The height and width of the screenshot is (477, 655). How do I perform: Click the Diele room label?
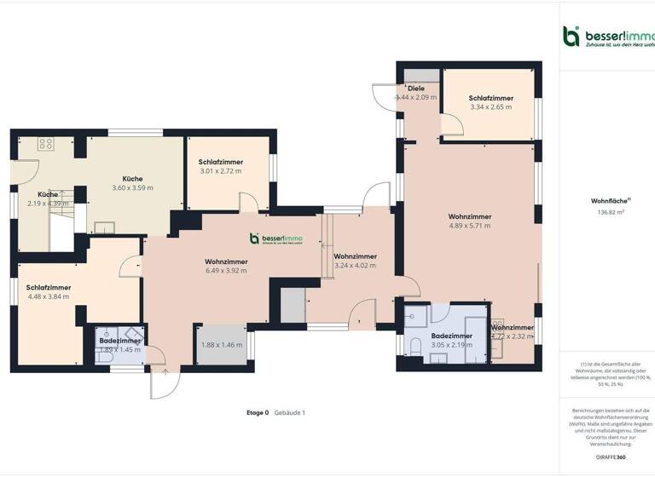pos(416,88)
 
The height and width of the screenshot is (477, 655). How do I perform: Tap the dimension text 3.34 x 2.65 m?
pos(490,107)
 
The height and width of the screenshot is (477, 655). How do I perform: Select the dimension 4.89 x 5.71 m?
pos(470,227)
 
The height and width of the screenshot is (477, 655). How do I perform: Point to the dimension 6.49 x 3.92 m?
pos(226,271)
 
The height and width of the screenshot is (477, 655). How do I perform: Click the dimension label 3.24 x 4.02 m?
pos(356,266)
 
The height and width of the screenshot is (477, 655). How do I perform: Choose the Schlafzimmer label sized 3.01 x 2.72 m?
pos(221,171)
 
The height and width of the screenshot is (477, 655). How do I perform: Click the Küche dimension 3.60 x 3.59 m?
pos(132,188)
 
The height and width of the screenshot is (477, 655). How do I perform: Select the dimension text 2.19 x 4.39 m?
pos(47,204)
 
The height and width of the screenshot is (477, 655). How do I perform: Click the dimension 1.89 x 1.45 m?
pos(120,350)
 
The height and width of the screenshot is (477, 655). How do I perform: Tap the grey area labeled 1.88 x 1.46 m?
pos(221,345)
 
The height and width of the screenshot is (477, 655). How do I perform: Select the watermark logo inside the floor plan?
pos(275,239)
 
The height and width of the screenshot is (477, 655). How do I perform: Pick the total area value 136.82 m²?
pos(606,213)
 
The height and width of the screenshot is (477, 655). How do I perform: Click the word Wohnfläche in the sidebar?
pos(606,201)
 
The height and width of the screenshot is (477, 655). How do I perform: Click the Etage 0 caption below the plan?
pos(258,412)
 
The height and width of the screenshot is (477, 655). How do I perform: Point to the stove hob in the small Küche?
pos(45,144)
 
